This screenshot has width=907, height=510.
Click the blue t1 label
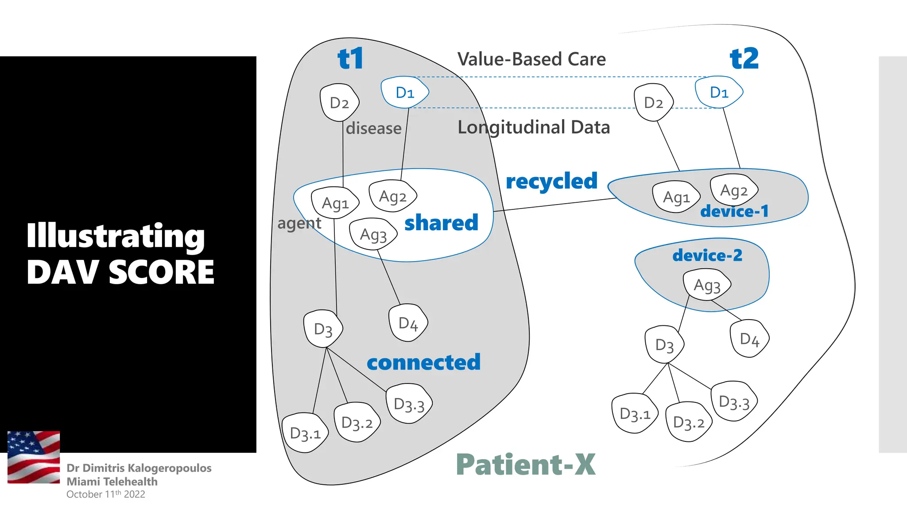tap(350, 58)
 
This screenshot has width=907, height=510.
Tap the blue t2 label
tap(744, 58)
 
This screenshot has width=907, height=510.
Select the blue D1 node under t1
tap(405, 92)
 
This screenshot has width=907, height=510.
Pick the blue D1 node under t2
tap(719, 92)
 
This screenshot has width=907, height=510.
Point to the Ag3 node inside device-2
tap(707, 286)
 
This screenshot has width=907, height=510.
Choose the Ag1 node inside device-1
tap(676, 197)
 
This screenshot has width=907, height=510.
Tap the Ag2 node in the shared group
tap(393, 196)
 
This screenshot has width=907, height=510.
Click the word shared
tap(442, 223)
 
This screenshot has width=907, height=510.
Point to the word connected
tap(424, 363)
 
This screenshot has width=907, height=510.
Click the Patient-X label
tap(526, 464)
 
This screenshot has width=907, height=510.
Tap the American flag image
tap(34, 457)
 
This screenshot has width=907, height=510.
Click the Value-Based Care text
tap(531, 59)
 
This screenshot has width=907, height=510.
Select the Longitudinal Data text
tap(534, 127)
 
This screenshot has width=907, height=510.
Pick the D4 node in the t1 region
tap(408, 323)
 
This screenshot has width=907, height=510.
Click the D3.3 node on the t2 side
tap(734, 401)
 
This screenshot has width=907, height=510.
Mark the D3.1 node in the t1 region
tap(305, 433)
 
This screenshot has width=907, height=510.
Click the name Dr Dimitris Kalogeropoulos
tap(139, 468)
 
